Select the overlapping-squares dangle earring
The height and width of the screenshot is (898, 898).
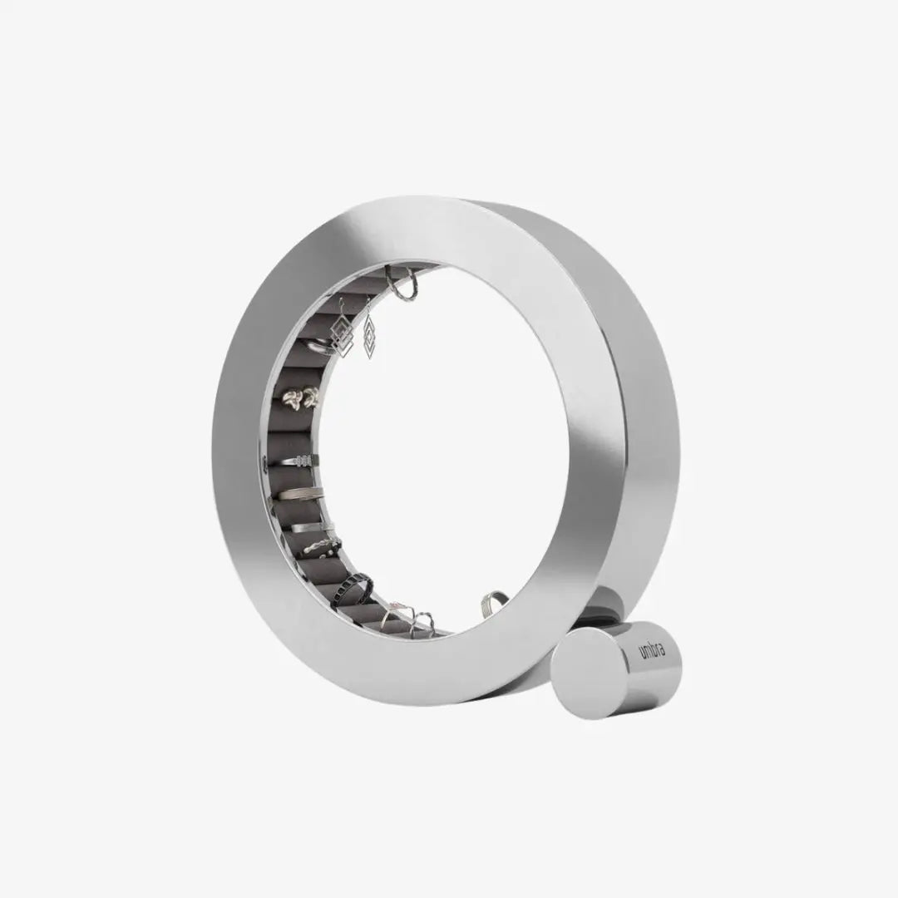pyautogui.click(x=342, y=333)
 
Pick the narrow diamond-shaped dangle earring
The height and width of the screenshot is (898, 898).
pyautogui.click(x=369, y=337)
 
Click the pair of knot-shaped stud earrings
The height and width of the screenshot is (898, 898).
pyautogui.click(x=302, y=397)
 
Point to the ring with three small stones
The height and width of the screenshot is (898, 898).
pyautogui.click(x=302, y=460)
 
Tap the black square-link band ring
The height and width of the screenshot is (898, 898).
pyautogui.click(x=353, y=585)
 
